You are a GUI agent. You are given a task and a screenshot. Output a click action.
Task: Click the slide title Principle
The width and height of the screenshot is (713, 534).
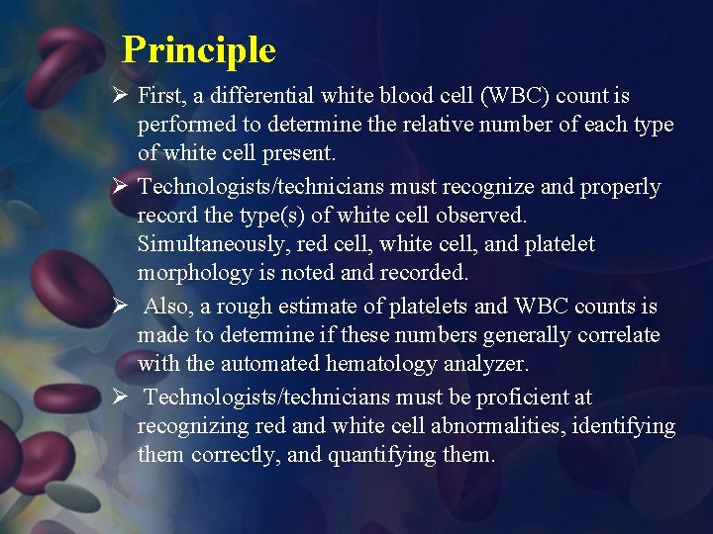pyautogui.click(x=198, y=49)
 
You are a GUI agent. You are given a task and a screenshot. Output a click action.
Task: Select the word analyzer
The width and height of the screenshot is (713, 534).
pyautogui.click(x=486, y=364)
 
